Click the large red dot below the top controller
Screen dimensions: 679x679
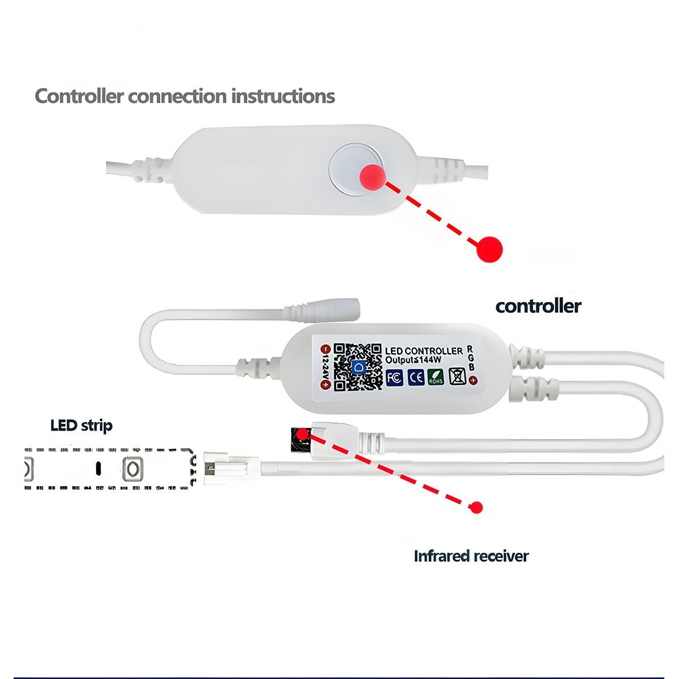click(x=489, y=248)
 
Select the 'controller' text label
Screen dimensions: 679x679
click(x=538, y=306)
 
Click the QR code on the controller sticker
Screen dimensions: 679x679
click(x=356, y=367)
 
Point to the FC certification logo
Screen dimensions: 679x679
click(x=395, y=377)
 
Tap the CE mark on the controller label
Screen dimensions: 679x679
click(x=416, y=377)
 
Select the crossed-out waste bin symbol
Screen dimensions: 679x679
click(x=457, y=376)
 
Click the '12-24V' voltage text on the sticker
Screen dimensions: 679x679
click(x=325, y=367)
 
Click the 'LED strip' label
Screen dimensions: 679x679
click(x=81, y=426)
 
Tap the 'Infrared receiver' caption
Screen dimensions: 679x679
click(x=471, y=556)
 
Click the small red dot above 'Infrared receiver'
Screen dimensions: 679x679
click(x=477, y=507)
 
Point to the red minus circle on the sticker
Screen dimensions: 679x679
click(x=325, y=348)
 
